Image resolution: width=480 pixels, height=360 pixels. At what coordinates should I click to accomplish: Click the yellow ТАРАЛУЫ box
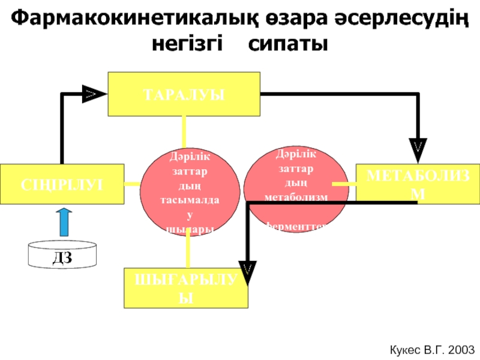pos(184,94)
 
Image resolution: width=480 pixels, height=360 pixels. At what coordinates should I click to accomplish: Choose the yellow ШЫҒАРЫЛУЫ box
pos(185,289)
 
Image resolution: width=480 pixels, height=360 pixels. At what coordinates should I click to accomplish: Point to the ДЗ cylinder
pos(62,256)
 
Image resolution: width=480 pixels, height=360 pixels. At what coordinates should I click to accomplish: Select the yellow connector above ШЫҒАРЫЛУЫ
pos(188,251)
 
